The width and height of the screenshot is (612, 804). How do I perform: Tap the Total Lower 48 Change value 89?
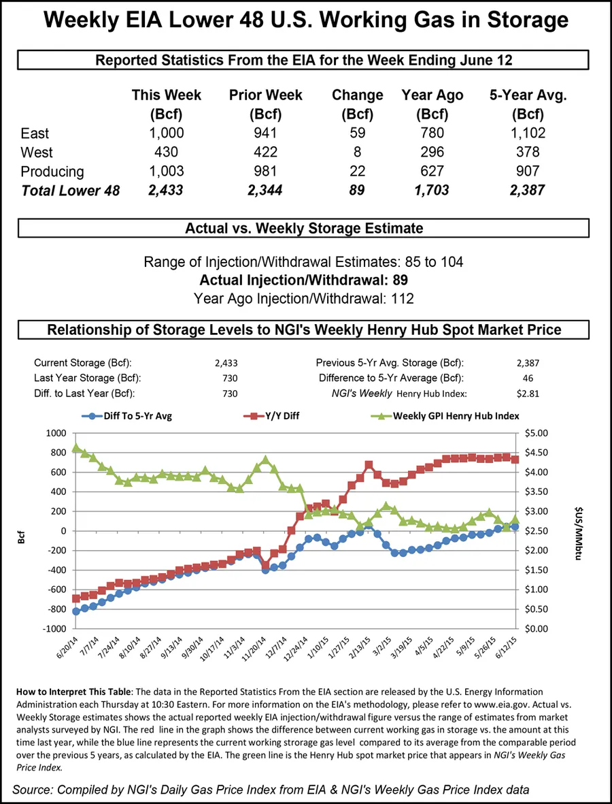click(356, 190)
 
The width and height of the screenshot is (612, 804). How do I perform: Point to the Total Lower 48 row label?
click(70, 191)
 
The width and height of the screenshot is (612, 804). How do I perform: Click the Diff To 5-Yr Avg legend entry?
click(126, 415)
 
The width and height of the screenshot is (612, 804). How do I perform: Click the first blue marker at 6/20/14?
click(76, 611)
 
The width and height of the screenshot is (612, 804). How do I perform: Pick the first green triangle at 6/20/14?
click(76, 447)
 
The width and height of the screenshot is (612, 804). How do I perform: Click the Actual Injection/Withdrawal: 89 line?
click(305, 280)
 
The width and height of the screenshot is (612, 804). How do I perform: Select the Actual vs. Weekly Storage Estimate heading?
click(304, 228)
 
